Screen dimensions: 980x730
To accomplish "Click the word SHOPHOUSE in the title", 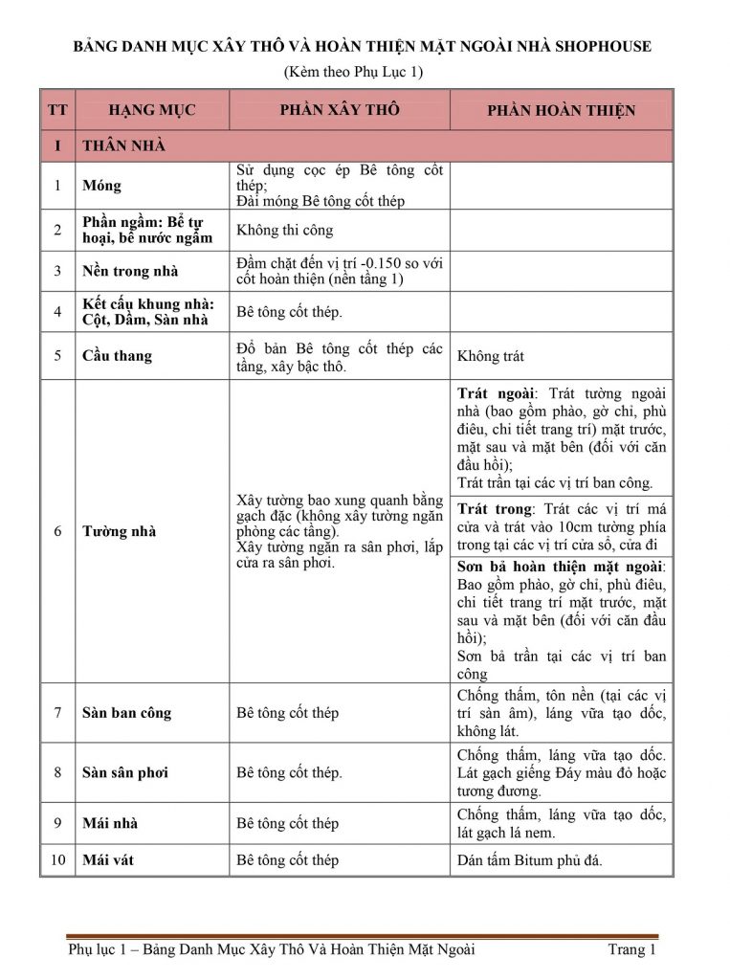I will pos(600,46).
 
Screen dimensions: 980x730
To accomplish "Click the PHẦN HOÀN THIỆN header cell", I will pos(561,111).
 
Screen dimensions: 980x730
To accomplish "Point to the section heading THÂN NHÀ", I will pos(123,145).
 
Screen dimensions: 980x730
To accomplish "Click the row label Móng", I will pos(102,186).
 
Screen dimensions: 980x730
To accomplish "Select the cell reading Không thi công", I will pos(285,231).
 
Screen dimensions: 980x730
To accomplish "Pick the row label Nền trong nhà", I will pos(130,271).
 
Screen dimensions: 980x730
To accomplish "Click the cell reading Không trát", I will pos(491,356).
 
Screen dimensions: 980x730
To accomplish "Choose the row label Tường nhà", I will pos(119,531).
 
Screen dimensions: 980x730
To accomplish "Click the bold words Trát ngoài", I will pos(497,393).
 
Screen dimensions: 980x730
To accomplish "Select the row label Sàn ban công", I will pos(126,713).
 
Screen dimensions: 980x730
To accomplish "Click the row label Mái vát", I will pos(108,860).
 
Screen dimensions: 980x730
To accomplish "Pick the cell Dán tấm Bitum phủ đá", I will pos(529,860).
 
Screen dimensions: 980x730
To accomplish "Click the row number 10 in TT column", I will pos(57,860).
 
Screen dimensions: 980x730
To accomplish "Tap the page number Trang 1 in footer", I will pos(631,950).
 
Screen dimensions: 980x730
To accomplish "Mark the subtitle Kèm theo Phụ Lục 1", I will pos(353,72).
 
